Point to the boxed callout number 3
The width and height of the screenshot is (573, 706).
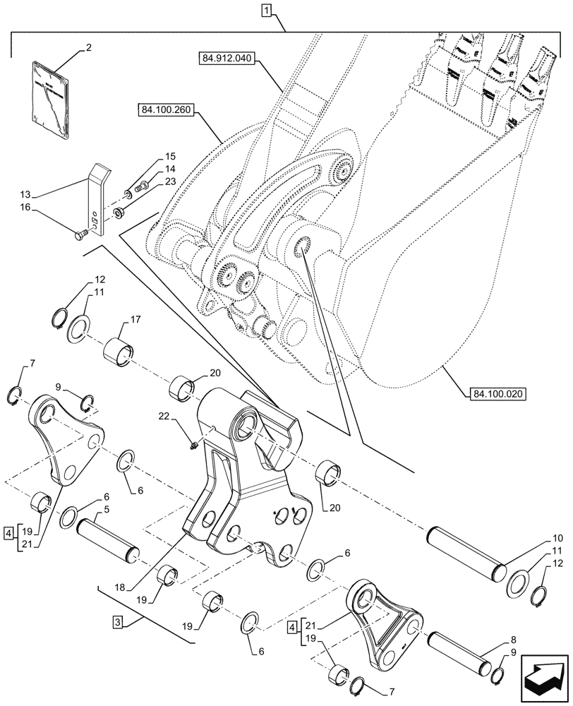tap(118, 622)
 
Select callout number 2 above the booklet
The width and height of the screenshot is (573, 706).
tap(90, 48)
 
